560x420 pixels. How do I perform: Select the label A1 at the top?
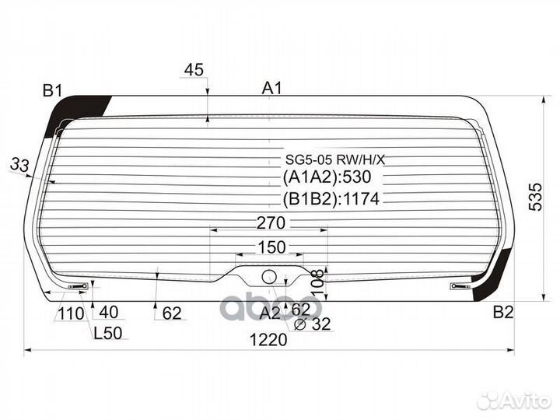coord(271,89)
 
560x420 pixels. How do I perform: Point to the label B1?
coord(52,91)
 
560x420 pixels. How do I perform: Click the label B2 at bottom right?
coord(503,313)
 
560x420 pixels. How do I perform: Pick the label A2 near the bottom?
coord(269,313)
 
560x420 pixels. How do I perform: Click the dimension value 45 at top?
coord(194,70)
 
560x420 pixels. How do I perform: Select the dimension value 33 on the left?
coord(20,164)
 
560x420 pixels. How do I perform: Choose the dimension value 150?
coord(270,247)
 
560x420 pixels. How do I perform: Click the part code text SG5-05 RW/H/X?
coord(334,160)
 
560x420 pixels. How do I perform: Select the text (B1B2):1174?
coord(331,199)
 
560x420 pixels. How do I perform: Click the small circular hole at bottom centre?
coord(269,275)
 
